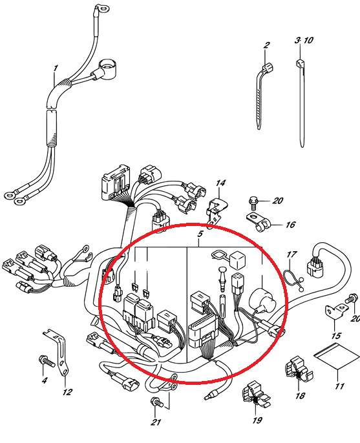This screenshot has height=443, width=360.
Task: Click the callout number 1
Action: pos(56,68)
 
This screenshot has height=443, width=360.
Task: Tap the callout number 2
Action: pos(266,45)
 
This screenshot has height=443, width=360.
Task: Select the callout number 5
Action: pos(200,234)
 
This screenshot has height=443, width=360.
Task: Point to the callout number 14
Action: pos(220,183)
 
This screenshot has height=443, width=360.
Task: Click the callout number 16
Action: pos(290,225)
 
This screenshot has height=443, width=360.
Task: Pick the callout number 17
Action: pos(291,254)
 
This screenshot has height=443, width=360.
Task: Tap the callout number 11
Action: pos(339,386)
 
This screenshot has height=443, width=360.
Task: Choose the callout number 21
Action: pos(156,422)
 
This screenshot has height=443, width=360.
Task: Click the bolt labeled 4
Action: pos(47,360)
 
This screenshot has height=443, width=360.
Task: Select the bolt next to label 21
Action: pos(157,402)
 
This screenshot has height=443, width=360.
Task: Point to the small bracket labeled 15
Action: pos(335,311)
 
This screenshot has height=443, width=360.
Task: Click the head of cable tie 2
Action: pos(268,68)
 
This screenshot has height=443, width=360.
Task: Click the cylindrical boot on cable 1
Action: pos(108,68)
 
